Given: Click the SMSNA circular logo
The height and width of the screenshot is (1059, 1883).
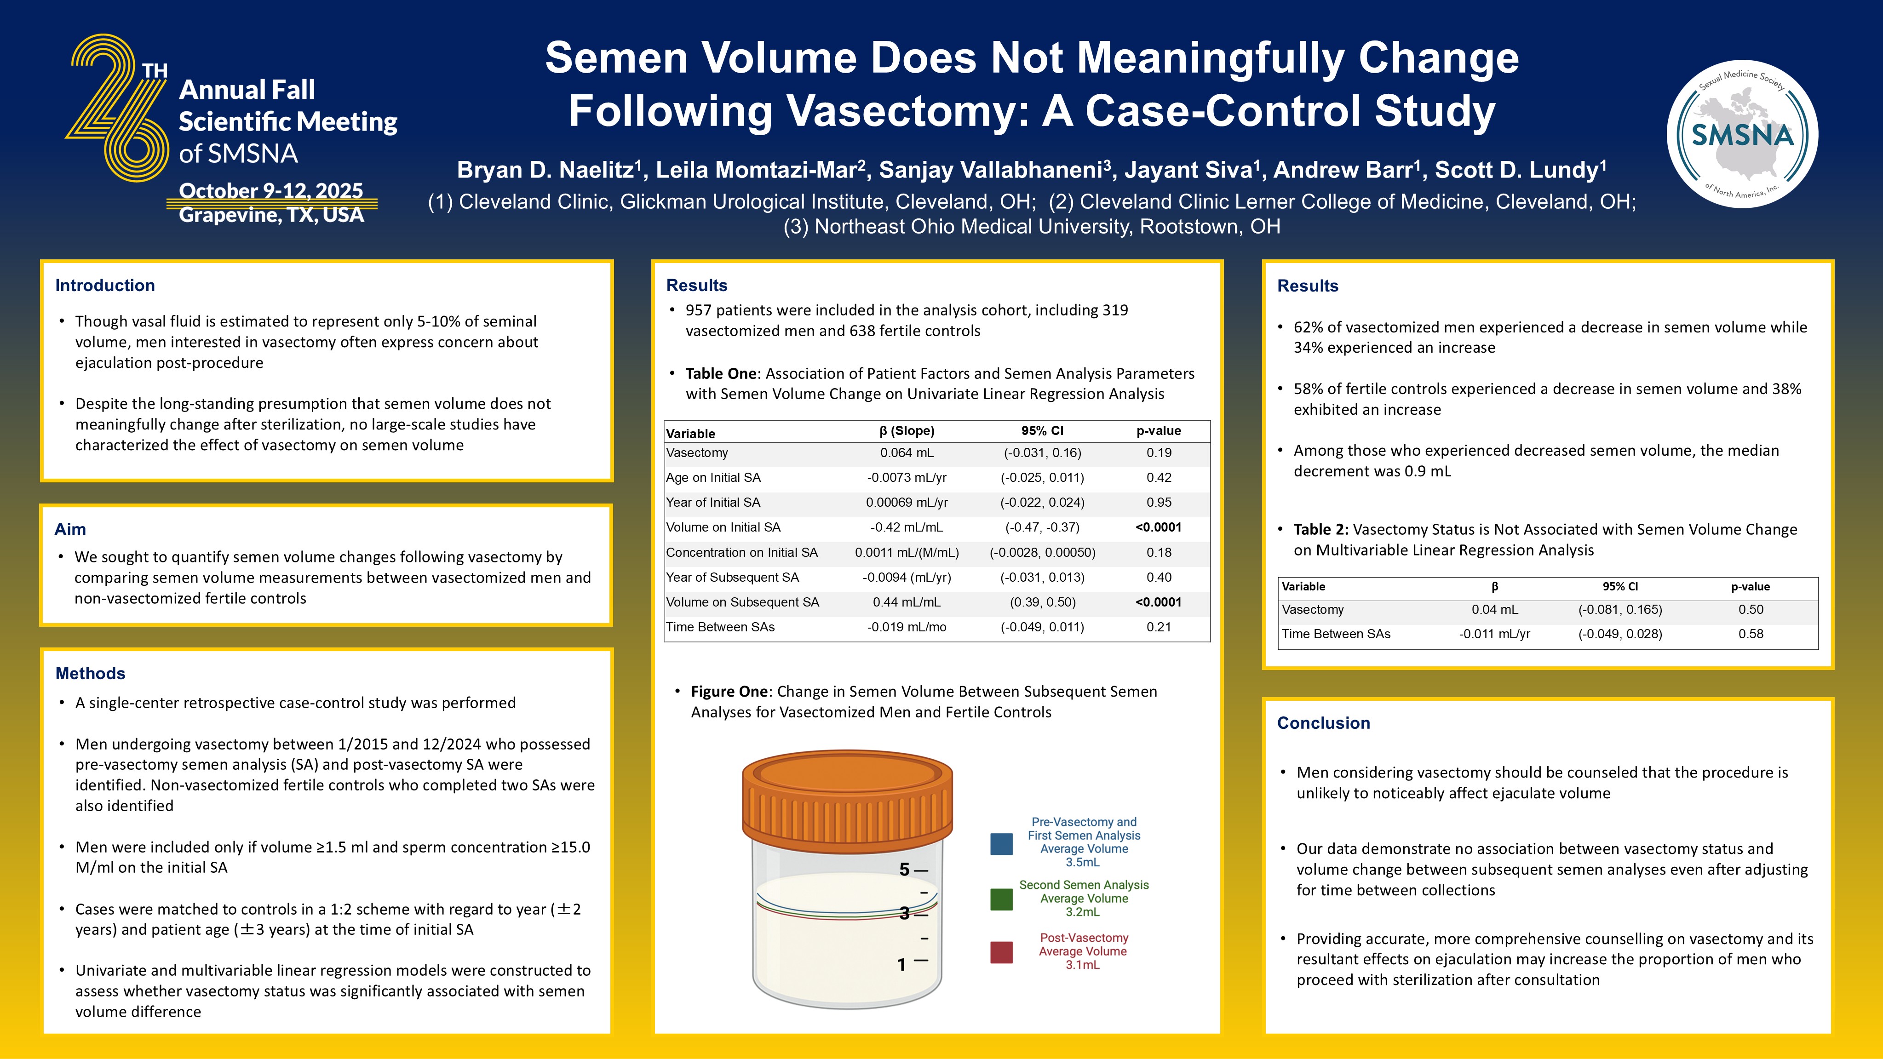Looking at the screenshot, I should coord(1743,134).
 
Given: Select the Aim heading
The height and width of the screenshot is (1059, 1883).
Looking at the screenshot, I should coord(70,529).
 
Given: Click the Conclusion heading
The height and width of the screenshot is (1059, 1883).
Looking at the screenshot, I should coord(1323,723).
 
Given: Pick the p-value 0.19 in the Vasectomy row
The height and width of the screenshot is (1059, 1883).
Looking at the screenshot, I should coord(1159,453).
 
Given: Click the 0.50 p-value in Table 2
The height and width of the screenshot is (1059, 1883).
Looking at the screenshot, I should coord(1751,610).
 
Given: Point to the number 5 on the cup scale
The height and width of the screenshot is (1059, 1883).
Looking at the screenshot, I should coord(904,870).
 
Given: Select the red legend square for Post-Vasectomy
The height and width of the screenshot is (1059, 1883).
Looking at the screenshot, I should coord(1001,952).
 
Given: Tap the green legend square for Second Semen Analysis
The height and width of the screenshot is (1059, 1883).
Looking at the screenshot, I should coord(1001,899).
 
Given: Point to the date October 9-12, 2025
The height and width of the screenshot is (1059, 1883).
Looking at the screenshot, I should coord(270,191).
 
